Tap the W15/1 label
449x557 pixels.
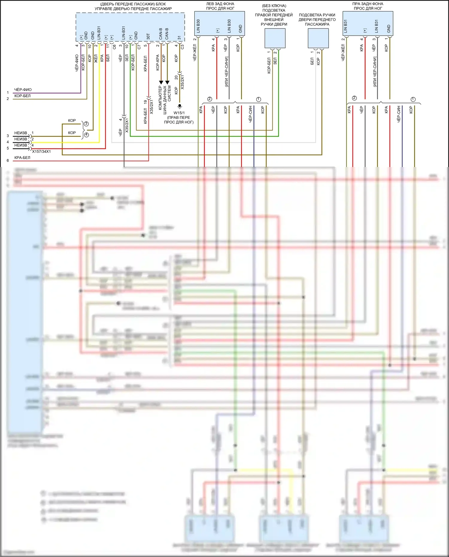[179, 113]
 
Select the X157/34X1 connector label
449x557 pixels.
[41, 151]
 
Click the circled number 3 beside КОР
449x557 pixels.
[86, 124]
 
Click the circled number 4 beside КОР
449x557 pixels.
[86, 135]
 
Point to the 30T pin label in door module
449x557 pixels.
[148, 36]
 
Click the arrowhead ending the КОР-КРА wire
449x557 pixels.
[161, 82]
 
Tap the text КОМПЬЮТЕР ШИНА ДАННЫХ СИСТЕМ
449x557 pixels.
[165, 98]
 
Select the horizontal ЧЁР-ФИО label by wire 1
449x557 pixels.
[23, 89]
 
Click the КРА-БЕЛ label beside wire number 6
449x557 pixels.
[22, 157]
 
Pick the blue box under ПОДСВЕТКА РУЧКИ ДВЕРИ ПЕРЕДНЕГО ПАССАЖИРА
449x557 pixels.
[318, 38]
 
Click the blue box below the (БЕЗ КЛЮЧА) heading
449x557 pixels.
[275, 38]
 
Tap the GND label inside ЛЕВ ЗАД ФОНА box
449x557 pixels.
[240, 29]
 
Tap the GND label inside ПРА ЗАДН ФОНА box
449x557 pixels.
[389, 29]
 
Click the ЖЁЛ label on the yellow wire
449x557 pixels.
[96, 58]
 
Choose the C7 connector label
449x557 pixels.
[139, 47]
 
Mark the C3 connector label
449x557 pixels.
[182, 47]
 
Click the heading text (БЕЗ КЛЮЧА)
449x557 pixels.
[274, 6]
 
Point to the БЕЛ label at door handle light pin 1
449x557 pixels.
[312, 61]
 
